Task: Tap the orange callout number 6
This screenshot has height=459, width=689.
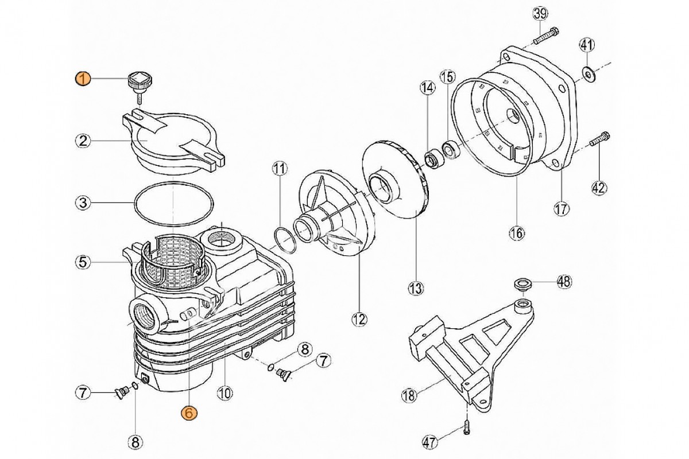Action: (189, 413)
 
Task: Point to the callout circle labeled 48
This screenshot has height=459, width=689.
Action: (564, 281)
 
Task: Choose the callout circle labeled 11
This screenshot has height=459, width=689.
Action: (279, 169)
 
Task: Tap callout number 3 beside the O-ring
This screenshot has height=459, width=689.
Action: (83, 202)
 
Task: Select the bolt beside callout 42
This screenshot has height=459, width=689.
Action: (600, 138)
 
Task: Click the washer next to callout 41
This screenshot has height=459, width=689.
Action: (589, 73)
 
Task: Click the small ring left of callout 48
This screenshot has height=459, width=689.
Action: (522, 284)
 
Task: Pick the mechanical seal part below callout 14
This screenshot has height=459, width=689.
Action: (431, 158)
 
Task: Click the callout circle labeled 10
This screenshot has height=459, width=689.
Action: (224, 394)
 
